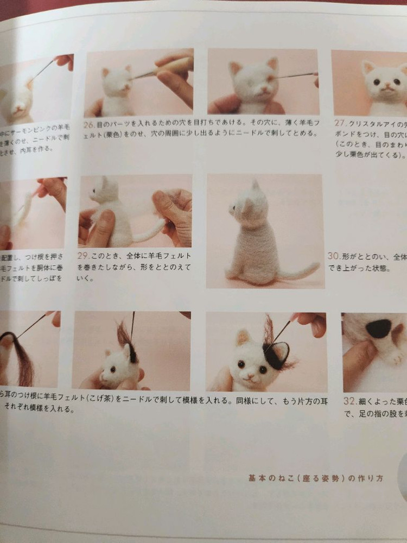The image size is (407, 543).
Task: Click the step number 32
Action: [349, 402]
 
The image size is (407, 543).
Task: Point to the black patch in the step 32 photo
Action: [379, 328]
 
